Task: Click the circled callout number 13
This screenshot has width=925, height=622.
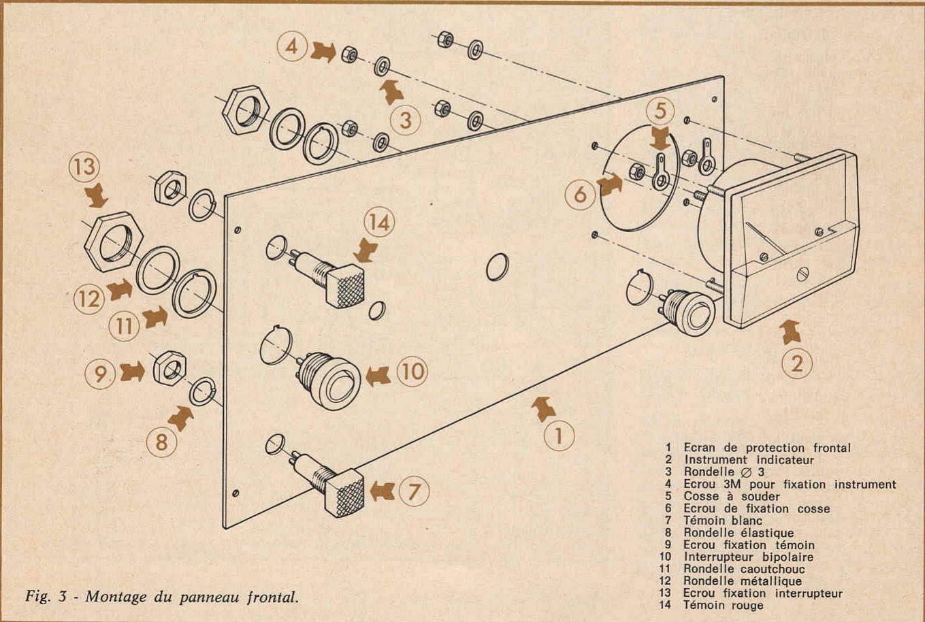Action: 84,167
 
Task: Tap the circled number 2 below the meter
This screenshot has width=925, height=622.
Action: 797,364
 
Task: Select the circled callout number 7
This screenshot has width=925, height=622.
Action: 414,491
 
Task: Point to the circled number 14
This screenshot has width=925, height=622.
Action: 379,223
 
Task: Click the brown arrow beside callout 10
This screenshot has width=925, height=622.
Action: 378,376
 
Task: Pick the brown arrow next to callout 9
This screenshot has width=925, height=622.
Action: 132,372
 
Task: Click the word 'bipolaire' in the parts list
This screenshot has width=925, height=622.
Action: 788,557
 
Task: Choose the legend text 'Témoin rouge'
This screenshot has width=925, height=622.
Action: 724,606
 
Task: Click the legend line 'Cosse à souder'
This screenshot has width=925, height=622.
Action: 732,496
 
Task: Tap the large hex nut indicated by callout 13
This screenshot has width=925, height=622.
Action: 114,242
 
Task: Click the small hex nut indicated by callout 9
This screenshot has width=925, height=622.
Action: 169,367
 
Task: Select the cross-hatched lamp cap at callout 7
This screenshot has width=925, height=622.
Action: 344,493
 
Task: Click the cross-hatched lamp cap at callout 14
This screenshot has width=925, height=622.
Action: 345,286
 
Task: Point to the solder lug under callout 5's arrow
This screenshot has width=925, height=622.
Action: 661,173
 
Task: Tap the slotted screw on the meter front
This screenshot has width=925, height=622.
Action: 802,274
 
